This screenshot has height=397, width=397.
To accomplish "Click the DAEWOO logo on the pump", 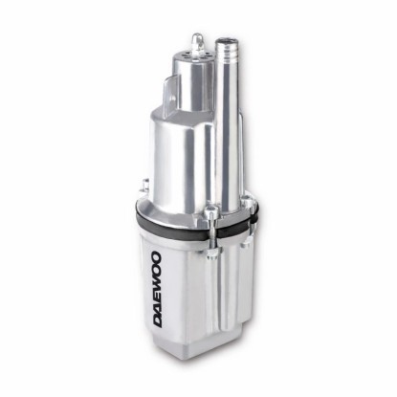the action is (156, 290).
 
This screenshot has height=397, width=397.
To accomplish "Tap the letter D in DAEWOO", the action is (156, 321).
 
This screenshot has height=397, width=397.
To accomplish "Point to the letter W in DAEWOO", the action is (156, 284).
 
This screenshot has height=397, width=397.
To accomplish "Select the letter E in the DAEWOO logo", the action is (156, 298).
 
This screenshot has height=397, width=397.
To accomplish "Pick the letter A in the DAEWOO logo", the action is (156, 308).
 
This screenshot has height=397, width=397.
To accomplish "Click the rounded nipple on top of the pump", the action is (197, 41).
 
